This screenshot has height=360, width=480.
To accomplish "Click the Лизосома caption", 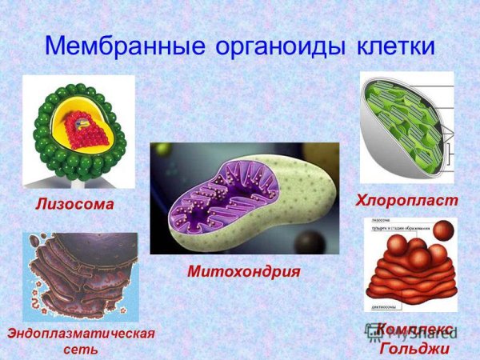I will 74,205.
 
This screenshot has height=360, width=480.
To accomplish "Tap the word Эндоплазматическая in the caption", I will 79,332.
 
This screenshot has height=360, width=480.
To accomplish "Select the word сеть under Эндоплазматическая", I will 79,350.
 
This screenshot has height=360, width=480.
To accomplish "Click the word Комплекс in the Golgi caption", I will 414,330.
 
